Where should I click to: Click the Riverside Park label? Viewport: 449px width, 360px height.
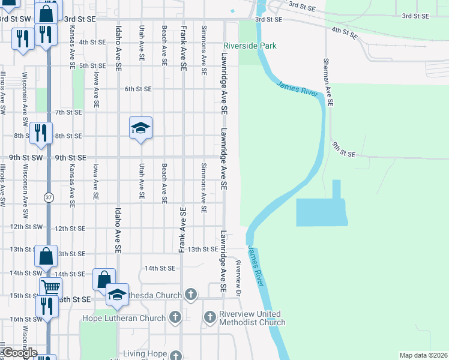pos(250,46)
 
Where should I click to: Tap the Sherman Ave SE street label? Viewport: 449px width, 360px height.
pos(327,77)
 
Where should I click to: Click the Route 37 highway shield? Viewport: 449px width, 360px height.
pos(47,197)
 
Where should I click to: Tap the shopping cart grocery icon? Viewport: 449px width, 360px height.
pos(50,287)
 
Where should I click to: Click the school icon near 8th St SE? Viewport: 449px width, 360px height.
pos(140,128)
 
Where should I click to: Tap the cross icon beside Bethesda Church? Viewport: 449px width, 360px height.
pos(190,294)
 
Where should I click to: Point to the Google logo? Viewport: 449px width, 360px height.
pos(20,353)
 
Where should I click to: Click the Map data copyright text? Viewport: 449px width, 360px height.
pos(423,355)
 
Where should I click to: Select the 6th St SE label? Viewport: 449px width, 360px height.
pos(138,89)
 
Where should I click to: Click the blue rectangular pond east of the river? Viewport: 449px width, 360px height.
pos(321,212)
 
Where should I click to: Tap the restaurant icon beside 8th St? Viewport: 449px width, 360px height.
pos(41,133)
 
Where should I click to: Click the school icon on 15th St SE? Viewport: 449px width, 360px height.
pos(118,294)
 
